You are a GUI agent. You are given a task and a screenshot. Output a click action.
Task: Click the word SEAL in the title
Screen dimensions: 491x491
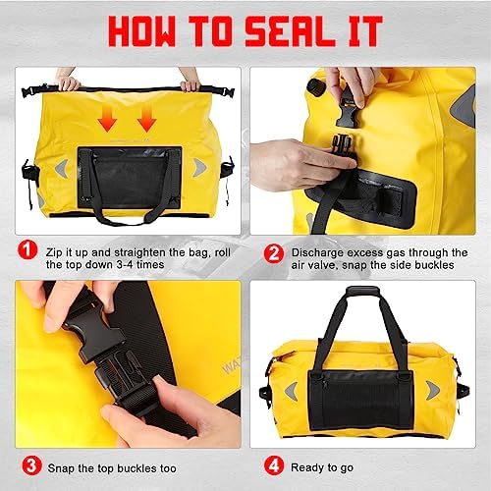pyautogui.click(x=290, y=30)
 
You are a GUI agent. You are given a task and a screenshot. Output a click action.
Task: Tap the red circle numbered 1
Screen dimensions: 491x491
pyautogui.click(x=27, y=250)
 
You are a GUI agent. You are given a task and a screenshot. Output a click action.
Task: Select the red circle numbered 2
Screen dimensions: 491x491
pyautogui.click(x=274, y=253)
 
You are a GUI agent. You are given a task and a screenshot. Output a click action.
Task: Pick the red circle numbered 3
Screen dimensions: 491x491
pyautogui.click(x=31, y=466)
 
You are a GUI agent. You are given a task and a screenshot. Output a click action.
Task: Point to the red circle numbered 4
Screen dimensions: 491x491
pyautogui.click(x=274, y=465)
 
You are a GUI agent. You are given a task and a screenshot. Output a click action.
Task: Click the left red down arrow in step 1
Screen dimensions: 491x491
pyautogui.click(x=107, y=120)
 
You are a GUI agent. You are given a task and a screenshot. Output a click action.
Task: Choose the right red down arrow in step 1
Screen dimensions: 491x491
pyautogui.click(x=146, y=120)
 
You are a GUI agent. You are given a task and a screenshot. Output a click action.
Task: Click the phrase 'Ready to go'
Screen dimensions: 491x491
pyautogui.click(x=322, y=467)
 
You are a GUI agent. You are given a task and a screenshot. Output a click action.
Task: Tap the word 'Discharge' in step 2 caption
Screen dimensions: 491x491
pyautogui.click(x=317, y=252)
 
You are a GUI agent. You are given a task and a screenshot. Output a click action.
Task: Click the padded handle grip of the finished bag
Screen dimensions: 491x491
pyautogui.click(x=363, y=291)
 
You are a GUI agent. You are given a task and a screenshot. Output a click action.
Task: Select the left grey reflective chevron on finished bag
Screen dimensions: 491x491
pyautogui.click(x=292, y=391)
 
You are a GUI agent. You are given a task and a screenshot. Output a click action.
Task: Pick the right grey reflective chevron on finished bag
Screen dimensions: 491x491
pyautogui.click(x=432, y=390)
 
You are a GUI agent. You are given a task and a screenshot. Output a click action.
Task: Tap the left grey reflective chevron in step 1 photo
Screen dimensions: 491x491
pyautogui.click(x=62, y=168)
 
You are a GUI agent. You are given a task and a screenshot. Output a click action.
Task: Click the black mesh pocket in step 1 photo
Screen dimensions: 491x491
pyautogui.click(x=130, y=179)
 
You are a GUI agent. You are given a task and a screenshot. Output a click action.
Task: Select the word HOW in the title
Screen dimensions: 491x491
pyautogui.click(x=142, y=30)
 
